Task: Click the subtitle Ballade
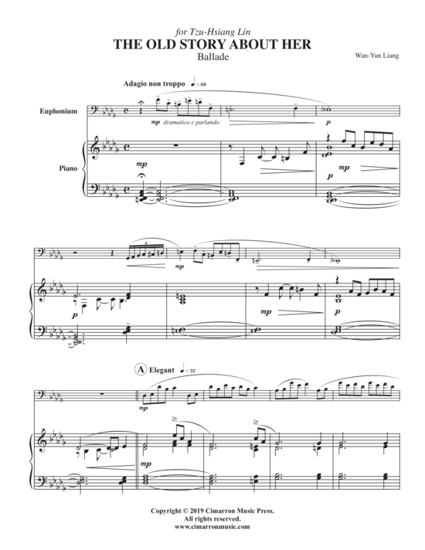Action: [x=212, y=56]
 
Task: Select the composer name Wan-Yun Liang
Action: [x=377, y=56]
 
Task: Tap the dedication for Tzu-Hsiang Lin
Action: [x=212, y=32]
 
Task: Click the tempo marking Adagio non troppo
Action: [x=154, y=83]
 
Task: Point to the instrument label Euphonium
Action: [x=58, y=111]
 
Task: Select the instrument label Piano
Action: [x=68, y=168]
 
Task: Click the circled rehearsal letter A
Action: [x=140, y=369]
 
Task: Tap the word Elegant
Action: [x=161, y=370]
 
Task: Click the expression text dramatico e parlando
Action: [x=192, y=122]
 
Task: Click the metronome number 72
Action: [x=192, y=371]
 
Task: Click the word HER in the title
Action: [x=298, y=45]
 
